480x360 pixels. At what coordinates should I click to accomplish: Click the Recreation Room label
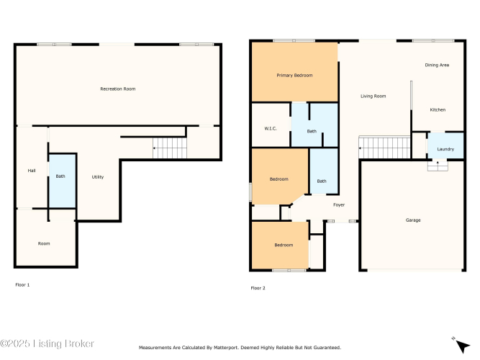pos(118,89)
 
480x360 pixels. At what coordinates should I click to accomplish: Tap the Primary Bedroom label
pos(294,76)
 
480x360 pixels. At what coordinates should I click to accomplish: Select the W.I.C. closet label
pos(271,128)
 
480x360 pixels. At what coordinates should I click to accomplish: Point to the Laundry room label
pos(445,149)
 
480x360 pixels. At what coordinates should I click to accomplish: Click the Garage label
pos(413,220)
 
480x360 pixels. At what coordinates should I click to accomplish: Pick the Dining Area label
pos(437,65)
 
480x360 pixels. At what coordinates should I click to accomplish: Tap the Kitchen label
pos(438,109)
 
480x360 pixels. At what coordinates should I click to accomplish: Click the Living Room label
pos(373,96)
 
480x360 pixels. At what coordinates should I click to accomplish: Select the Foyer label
pos(339,204)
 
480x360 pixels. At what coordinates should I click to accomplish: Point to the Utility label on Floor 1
pos(98,177)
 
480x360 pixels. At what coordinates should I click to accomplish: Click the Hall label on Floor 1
pos(32,171)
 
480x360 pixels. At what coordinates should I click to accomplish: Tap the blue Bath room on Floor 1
pos(63,181)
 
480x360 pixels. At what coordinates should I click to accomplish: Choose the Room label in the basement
pos(44,243)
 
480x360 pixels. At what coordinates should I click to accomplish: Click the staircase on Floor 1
pos(170,148)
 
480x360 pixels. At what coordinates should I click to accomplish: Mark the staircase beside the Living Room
pos(384,147)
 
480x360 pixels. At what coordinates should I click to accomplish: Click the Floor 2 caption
pos(258,288)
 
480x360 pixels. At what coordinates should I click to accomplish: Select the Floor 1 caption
pos(22,285)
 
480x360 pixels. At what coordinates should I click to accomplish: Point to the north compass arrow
pos(462,346)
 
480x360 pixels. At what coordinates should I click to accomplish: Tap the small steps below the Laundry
pos(438,166)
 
